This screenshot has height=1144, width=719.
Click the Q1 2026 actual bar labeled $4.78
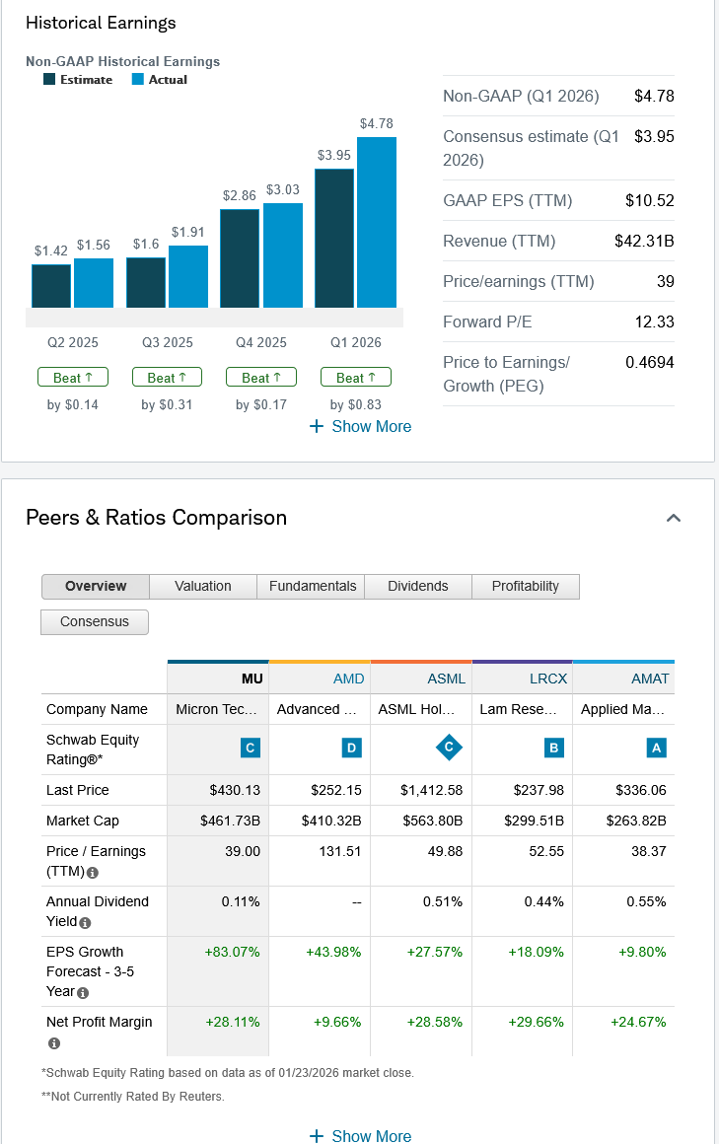click(x=377, y=222)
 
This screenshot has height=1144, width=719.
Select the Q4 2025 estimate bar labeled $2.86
click(x=240, y=258)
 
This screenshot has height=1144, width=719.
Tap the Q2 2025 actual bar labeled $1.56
click(x=94, y=283)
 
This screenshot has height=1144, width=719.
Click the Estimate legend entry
click(x=78, y=80)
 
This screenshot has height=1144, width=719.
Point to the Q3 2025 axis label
click(x=168, y=342)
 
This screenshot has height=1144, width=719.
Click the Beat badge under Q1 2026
click(x=356, y=378)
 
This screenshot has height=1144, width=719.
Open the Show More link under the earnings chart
click(x=360, y=426)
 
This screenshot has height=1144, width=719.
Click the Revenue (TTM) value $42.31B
click(x=643, y=241)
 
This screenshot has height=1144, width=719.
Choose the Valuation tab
click(x=203, y=586)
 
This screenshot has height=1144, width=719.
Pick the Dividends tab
click(x=418, y=586)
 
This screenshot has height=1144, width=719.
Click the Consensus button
click(x=95, y=621)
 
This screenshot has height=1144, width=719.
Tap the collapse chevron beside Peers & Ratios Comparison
click(x=674, y=518)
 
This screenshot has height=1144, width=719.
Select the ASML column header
click(x=447, y=679)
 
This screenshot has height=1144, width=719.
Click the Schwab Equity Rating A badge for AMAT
click(x=657, y=749)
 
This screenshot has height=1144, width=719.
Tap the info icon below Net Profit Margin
click(x=53, y=1042)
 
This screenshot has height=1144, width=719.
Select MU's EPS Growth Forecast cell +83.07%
click(x=232, y=952)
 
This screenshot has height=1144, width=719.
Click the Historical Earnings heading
click(x=101, y=23)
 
